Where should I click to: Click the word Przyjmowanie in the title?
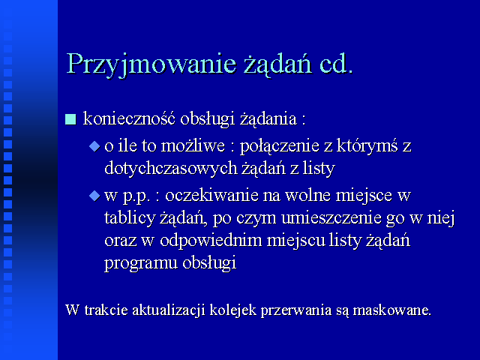(x=151, y=64)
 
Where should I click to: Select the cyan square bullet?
(x=70, y=119)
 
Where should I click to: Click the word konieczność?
(x=129, y=118)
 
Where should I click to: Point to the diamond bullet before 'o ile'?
(x=94, y=146)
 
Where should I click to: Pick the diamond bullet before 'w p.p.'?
(x=94, y=196)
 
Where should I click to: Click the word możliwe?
(x=193, y=145)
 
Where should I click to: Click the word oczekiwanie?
(x=211, y=196)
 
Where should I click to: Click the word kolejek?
(x=233, y=310)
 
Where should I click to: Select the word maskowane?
(x=392, y=310)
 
